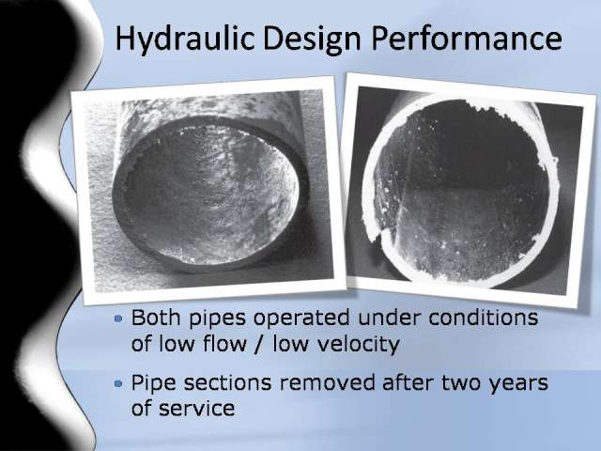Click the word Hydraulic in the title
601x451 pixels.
[185, 39]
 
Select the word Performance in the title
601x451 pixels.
[467, 38]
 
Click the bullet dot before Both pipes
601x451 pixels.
[119, 318]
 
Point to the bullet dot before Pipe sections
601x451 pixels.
[119, 382]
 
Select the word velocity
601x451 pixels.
[355, 344]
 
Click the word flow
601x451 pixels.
[224, 344]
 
